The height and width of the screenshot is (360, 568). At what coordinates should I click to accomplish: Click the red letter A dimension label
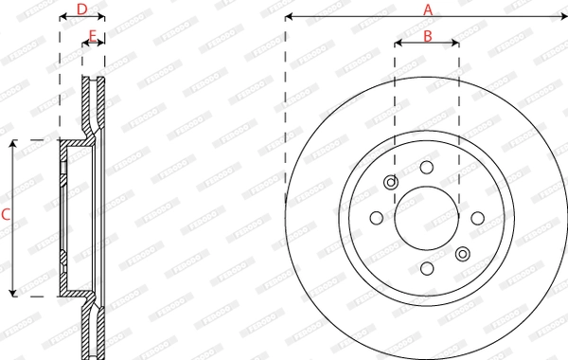tap(427, 9)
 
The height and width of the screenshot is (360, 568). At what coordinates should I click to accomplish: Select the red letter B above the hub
tap(427, 37)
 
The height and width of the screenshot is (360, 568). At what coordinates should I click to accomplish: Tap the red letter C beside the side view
tap(6, 216)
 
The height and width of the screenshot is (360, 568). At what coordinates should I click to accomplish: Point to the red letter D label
tap(81, 9)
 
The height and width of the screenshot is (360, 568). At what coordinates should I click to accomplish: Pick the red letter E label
tap(92, 36)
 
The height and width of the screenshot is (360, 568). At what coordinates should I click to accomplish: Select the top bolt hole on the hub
tap(426, 167)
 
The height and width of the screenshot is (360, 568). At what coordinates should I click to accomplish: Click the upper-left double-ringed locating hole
tap(390, 183)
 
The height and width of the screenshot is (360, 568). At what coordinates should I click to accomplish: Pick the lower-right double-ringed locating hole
tap(462, 253)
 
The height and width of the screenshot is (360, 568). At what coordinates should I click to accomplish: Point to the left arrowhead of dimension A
tap(289, 17)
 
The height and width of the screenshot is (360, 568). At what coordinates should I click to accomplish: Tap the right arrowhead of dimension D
tap(101, 17)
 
